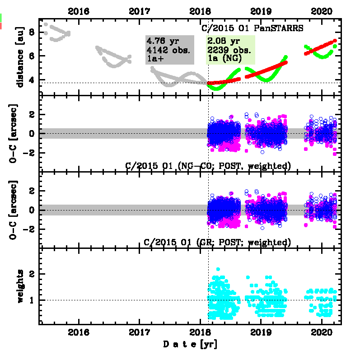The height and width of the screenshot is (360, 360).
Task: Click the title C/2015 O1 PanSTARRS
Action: pyautogui.click(x=252, y=28)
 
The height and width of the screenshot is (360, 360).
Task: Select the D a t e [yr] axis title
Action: pyautogui.click(x=190, y=345)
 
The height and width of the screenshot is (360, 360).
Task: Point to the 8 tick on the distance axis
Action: pyautogui.click(x=32, y=32)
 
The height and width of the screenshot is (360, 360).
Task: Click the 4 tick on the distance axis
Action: pyautogui.click(x=32, y=80)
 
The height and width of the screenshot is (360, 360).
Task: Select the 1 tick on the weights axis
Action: pyautogui.click(x=32, y=300)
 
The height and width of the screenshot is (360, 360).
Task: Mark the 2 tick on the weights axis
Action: pyautogui.click(x=32, y=274)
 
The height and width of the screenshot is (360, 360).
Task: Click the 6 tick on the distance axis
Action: pyautogui.click(x=32, y=56)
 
